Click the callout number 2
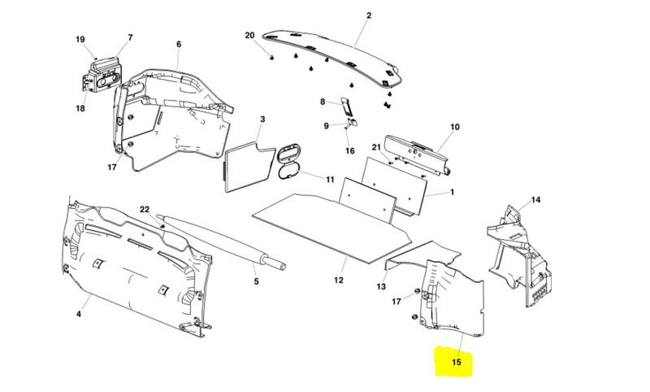point(369,15)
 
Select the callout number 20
point(249,35)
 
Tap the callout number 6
point(179,44)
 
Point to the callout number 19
point(80,39)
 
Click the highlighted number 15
point(456,362)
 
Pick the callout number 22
point(145,210)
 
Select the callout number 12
point(339,281)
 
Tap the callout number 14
point(535,200)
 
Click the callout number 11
point(330,180)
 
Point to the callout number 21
point(376,147)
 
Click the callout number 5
point(256,281)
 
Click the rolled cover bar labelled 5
point(221,242)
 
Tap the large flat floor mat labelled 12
point(331,229)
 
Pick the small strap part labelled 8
point(347,108)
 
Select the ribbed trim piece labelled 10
point(418,155)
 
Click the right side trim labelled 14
point(519,255)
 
